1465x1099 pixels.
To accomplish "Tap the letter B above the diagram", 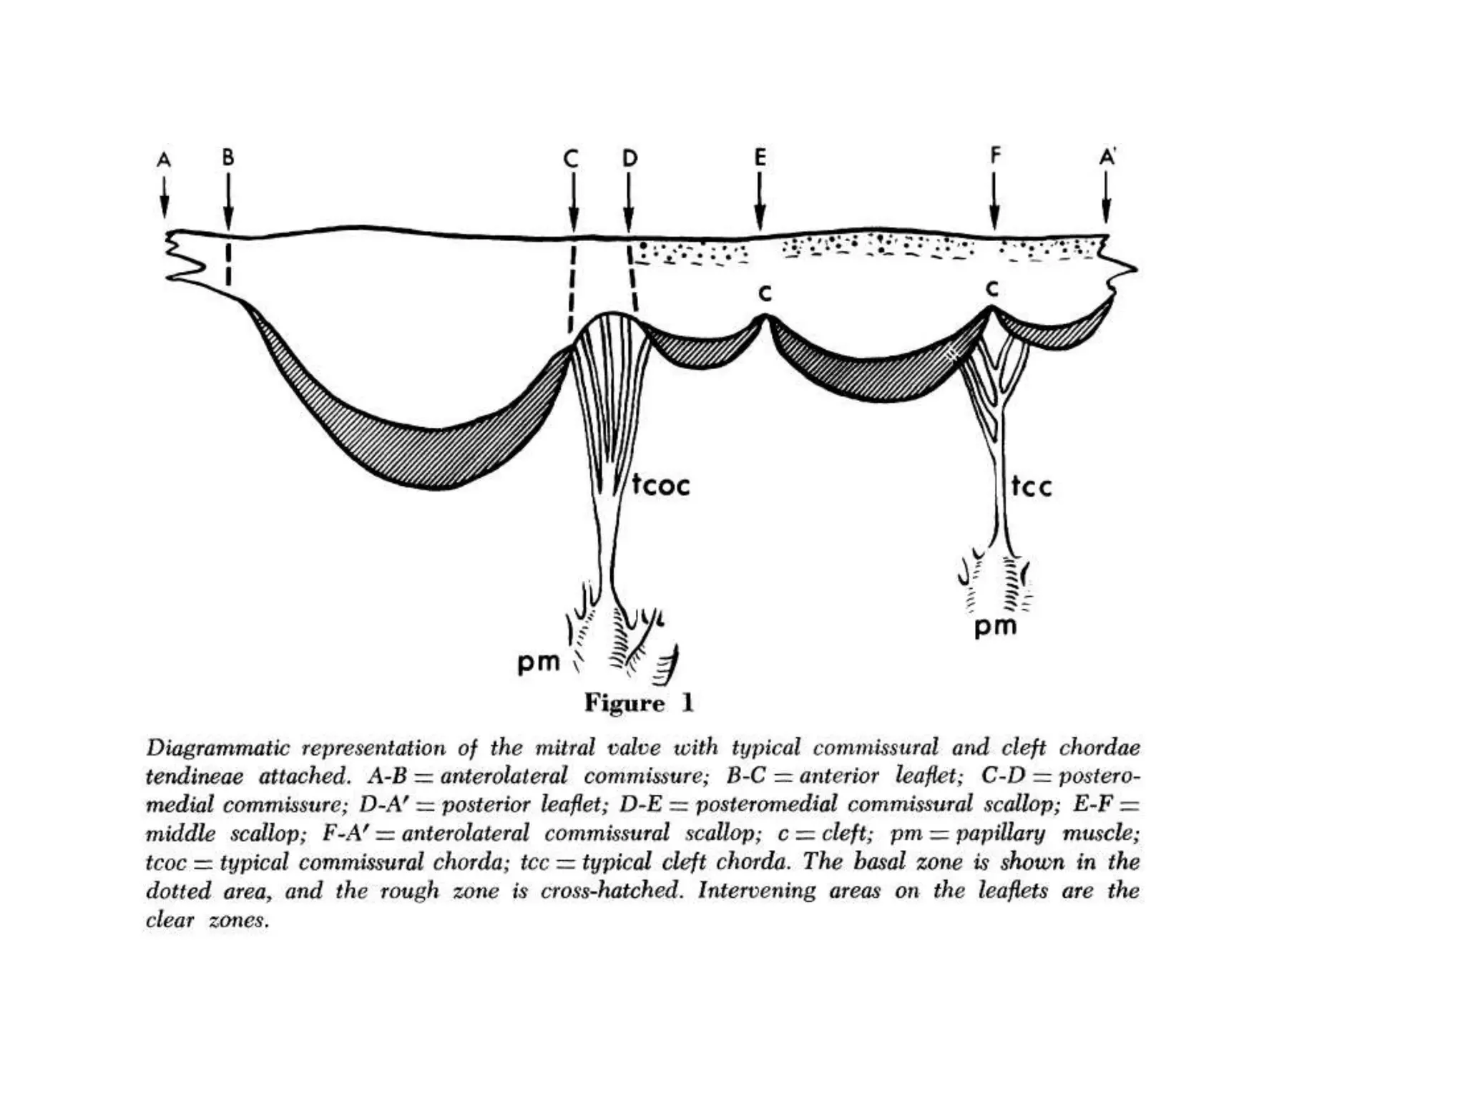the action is [227, 157].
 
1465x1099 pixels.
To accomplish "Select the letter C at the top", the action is [571, 159].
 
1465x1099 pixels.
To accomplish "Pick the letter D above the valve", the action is [629, 158].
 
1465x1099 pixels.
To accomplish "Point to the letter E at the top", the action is [760, 157].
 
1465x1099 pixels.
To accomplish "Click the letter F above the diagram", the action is [995, 155].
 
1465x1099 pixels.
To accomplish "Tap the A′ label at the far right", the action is [1107, 157].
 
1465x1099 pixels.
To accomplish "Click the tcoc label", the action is [661, 486].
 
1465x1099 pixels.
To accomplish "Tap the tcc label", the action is [1032, 487].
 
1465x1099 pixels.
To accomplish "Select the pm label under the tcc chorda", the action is [995, 627].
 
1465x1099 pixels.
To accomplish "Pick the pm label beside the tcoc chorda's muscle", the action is [539, 663].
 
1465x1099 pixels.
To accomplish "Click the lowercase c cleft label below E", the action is [765, 293].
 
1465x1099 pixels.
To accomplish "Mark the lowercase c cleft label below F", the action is [991, 288].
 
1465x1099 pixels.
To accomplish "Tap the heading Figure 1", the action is [639, 703].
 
